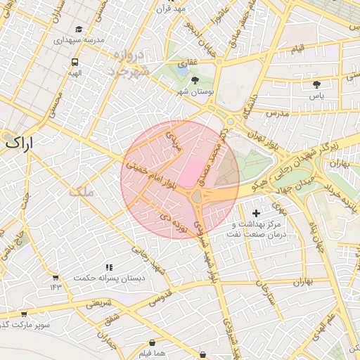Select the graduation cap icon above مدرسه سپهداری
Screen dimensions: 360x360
tap(79, 29)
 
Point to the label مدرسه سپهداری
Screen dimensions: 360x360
tap(79, 40)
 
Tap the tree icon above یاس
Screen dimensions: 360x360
tap(316, 84)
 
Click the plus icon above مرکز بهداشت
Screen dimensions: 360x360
tap(255, 212)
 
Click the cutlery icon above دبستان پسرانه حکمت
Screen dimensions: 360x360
tap(109, 267)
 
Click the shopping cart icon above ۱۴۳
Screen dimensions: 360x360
tap(56, 277)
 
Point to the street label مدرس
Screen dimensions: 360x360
tap(278, 112)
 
